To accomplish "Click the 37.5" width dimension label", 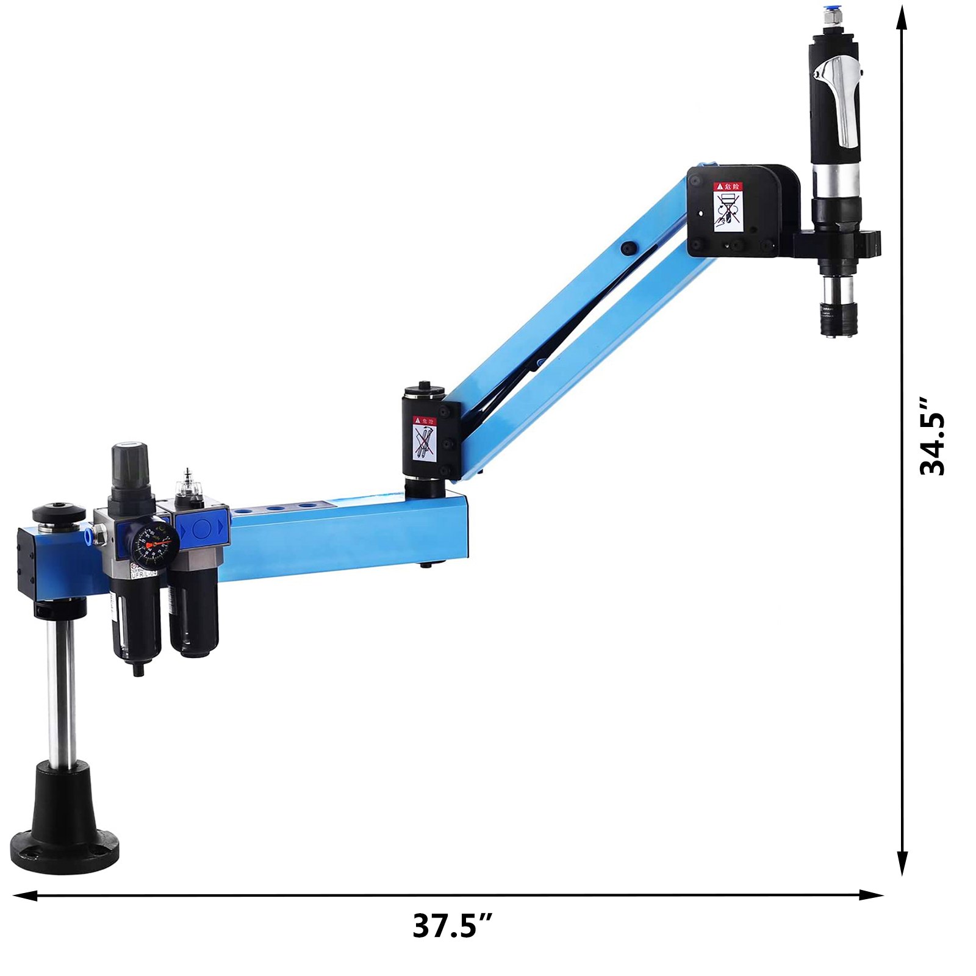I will coord(451,926).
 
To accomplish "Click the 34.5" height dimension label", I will coord(931,436).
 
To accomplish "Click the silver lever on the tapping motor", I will coord(842,98).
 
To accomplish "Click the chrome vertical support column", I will coord(62,689).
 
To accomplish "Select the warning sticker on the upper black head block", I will coord(728,206).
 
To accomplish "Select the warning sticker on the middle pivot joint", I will coord(424,438).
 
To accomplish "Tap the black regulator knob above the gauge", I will coord(130,465).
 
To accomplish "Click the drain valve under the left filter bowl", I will coord(138,669).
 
